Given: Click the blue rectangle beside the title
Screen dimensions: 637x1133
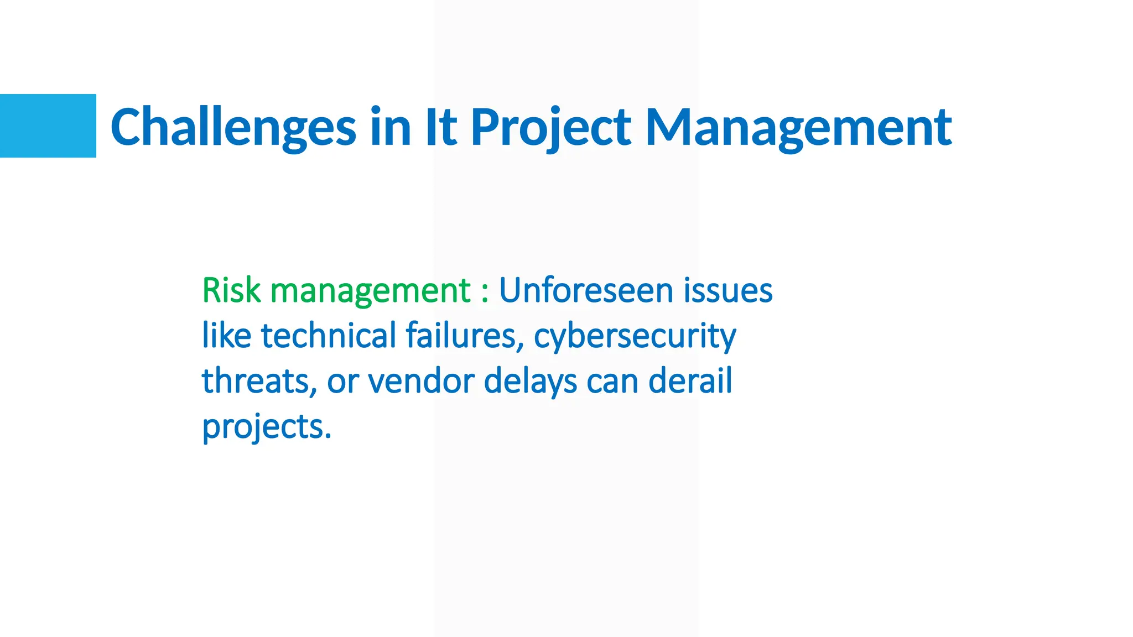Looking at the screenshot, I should pos(48,126).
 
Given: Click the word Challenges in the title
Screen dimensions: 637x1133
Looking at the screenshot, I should pos(233,128).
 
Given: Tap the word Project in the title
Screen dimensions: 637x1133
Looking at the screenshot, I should pos(550,128).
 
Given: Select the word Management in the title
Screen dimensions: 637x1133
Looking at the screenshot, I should pos(798,128).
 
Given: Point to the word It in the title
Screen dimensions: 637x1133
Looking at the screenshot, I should pos(440,127).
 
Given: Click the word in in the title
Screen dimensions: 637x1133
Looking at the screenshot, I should pos(391,127).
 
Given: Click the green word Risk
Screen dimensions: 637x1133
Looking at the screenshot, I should pos(231,290).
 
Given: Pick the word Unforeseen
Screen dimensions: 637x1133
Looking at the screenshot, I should pos(586,290).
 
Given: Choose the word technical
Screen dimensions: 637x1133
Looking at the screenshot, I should pos(329,336).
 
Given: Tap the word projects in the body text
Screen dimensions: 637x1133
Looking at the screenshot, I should pos(266,427).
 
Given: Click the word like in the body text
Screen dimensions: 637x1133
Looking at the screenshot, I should pos(226,336).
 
